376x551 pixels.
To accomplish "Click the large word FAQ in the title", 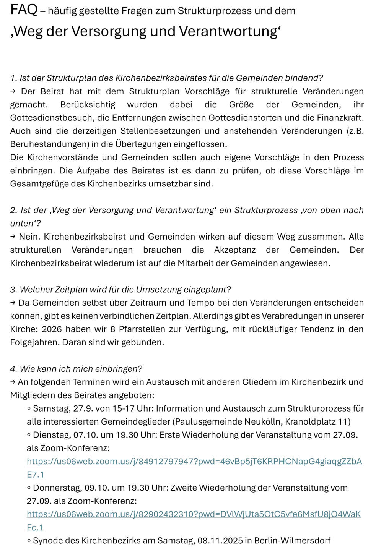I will [x=24, y=10].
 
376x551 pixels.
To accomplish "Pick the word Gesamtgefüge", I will [x=35, y=184].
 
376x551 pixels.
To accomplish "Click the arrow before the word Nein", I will [x=13, y=237].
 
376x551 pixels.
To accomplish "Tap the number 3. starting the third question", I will [x=14, y=290].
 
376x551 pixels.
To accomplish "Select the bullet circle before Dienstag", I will [x=29, y=435].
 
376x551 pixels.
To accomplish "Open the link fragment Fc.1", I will [x=35, y=528].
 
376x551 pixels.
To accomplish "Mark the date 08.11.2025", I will [x=220, y=541].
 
